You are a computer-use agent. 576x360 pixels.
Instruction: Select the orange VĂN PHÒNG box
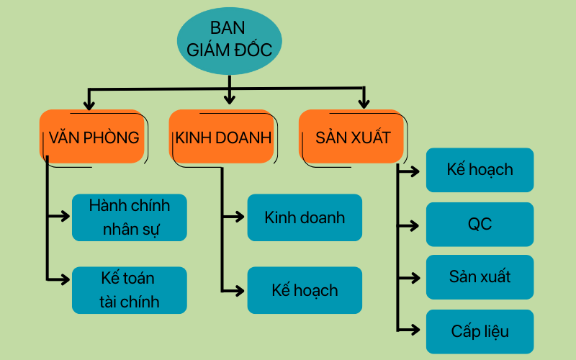(x=92, y=137)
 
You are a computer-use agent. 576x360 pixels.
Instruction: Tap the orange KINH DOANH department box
(x=222, y=137)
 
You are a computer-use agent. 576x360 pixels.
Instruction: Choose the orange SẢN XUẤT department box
(x=351, y=137)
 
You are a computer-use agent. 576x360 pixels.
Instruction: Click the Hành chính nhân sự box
(x=130, y=217)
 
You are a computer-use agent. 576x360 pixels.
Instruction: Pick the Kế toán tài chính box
(x=130, y=290)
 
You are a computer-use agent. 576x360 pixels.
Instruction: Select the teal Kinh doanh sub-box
(x=305, y=217)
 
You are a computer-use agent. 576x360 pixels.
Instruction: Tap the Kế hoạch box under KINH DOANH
(x=305, y=290)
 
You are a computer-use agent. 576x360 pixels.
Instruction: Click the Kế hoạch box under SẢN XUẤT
(x=480, y=170)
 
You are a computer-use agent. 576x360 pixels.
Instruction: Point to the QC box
(x=480, y=224)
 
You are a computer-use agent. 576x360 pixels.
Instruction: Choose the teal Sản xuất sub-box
(x=480, y=277)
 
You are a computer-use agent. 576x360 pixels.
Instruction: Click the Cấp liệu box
(x=480, y=331)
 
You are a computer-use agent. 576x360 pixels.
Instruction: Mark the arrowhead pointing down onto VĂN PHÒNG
(x=89, y=104)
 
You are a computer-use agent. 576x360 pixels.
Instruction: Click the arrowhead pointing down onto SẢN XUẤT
(x=364, y=104)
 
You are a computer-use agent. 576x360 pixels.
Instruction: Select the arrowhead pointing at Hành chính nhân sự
(x=66, y=215)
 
